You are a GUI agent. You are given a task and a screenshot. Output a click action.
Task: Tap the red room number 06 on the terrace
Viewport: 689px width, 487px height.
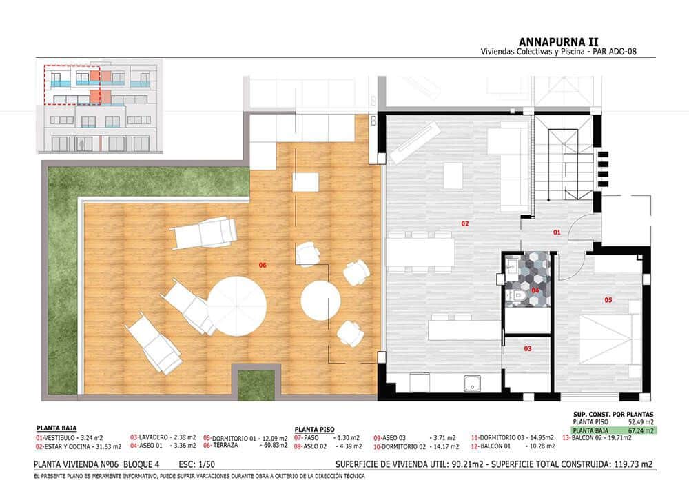click(263, 265)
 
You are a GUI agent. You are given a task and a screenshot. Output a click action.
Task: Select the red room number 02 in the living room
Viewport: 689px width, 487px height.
click(465, 223)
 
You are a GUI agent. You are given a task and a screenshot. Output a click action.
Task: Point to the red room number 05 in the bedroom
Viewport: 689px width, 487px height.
click(608, 300)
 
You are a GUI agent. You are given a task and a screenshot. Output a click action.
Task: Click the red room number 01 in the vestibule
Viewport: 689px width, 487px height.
click(557, 233)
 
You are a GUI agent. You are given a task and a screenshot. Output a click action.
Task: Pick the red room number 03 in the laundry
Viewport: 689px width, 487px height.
click(528, 349)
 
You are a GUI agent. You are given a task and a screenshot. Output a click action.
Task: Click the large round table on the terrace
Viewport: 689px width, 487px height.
click(236, 306)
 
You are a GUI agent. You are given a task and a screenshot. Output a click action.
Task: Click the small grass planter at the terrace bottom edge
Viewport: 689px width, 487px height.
click(256, 385)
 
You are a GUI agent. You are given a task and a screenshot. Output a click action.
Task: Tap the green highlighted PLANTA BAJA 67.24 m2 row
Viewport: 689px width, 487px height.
click(607, 429)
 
